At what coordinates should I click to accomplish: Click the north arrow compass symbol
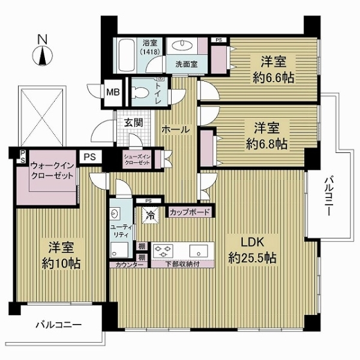[x=43, y=54]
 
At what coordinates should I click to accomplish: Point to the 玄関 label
[x=133, y=122]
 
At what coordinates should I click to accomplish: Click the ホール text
[x=176, y=130]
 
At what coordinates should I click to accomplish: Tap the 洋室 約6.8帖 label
[x=264, y=137]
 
